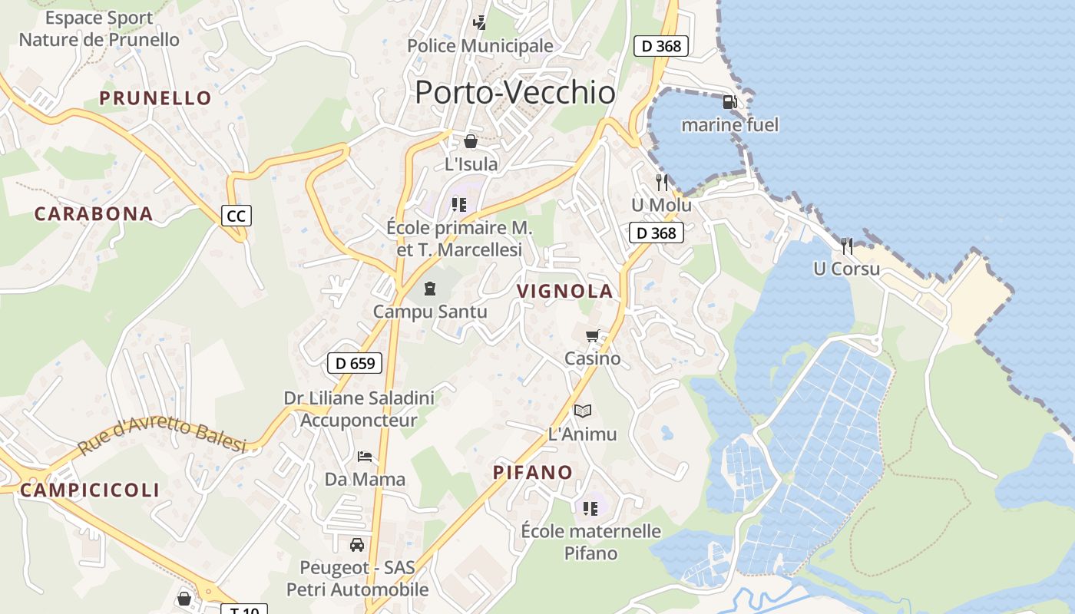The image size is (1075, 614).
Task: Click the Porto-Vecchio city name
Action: (x=514, y=93)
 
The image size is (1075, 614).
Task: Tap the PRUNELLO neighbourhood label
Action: (x=155, y=98)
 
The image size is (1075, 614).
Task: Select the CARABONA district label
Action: (x=94, y=214)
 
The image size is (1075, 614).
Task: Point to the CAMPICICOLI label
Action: (x=90, y=490)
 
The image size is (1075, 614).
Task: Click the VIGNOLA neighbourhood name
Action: (x=565, y=292)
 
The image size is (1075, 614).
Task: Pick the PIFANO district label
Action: (x=533, y=472)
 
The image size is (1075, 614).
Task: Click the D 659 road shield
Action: (x=355, y=363)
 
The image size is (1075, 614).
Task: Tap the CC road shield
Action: (x=236, y=216)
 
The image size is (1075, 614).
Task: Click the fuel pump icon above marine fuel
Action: (x=729, y=101)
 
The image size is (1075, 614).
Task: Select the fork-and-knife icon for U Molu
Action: (x=662, y=183)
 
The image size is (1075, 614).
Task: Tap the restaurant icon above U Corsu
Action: (x=847, y=246)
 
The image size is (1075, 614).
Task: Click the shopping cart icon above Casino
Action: (x=592, y=336)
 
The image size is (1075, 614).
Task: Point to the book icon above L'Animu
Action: (x=583, y=411)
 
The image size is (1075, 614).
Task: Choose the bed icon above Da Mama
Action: (x=365, y=457)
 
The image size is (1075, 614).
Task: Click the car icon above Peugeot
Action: (x=357, y=545)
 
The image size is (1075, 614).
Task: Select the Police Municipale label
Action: (x=480, y=46)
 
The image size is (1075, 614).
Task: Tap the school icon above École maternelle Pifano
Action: (x=590, y=508)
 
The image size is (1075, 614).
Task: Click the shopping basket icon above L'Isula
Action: (x=471, y=141)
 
